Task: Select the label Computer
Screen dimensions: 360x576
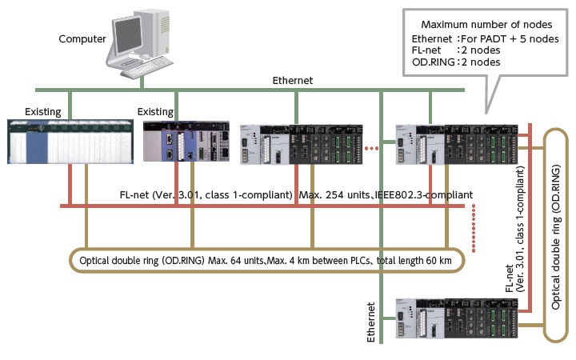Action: pos(82,38)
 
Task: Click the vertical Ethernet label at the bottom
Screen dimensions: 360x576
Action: pos(370,322)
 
